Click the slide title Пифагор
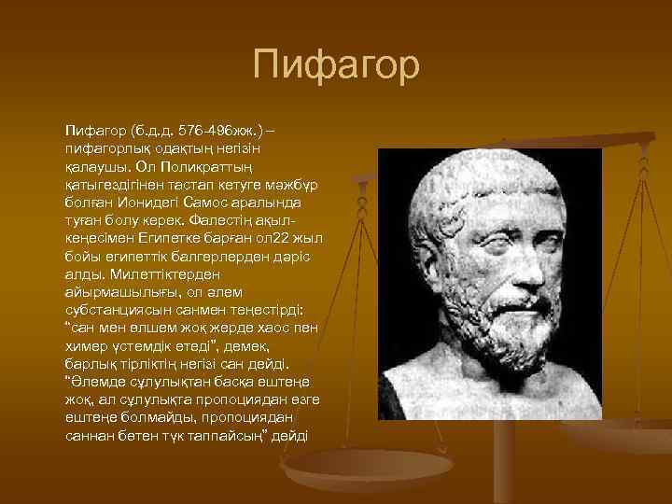[336, 67]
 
